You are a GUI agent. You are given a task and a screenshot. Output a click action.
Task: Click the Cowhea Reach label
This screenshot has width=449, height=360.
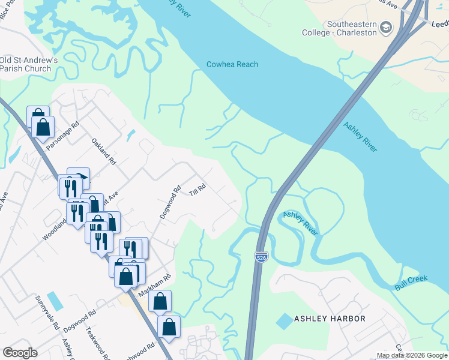[232, 64]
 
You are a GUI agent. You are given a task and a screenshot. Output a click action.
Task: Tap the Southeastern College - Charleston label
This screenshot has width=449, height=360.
[351, 29]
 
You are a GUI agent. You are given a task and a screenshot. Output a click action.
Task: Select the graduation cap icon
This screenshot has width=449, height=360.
[387, 28]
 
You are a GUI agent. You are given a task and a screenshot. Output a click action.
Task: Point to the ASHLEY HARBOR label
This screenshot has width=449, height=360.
[329, 319]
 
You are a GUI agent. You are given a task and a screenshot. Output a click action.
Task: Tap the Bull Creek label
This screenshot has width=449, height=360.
[411, 283]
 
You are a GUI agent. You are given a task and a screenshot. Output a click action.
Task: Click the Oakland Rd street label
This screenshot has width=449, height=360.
[103, 152]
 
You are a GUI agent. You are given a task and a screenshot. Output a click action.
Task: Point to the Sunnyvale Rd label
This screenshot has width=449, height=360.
[47, 313]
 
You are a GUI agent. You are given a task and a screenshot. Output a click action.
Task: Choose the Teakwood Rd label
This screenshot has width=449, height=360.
[95, 338]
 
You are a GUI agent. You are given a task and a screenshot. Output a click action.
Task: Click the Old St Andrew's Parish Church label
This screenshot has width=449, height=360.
[29, 64]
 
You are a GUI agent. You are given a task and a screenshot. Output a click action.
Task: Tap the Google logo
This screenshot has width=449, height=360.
[20, 353]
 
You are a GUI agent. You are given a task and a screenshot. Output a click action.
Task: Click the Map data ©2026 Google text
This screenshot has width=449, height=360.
[411, 356]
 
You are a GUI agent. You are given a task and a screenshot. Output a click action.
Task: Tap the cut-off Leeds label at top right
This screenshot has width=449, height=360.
[440, 24]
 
